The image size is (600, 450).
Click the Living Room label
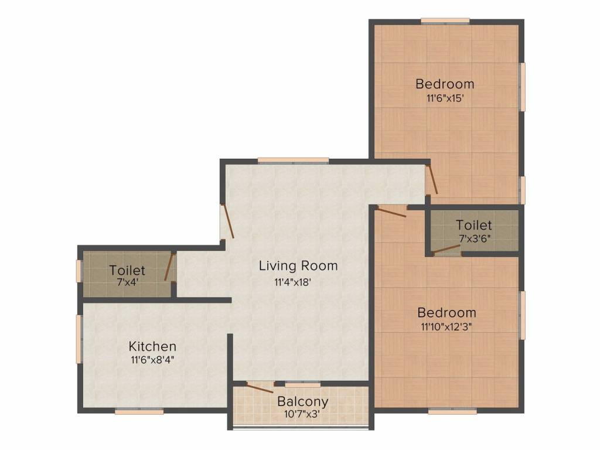298,265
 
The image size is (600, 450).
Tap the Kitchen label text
152,346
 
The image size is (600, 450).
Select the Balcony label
303,402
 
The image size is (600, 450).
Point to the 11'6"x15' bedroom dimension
445,98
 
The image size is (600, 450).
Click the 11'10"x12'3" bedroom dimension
446,327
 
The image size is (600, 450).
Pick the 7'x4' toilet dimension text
127,282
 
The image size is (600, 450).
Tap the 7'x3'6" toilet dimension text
475,238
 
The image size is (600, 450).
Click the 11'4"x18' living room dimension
292,282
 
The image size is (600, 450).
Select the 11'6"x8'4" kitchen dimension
152,360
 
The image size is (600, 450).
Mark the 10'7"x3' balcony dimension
302,414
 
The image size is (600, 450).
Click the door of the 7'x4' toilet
169,267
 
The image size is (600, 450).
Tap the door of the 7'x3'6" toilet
447,249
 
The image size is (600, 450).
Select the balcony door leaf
260,388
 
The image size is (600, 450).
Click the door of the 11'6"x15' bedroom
432,179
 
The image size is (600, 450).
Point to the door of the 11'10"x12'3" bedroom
391,212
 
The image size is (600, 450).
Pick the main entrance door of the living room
228,221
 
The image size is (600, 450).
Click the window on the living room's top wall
293,161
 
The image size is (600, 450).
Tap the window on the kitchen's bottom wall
139,411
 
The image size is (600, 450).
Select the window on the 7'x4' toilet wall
79,271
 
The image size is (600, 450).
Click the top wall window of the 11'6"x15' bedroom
445,21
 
